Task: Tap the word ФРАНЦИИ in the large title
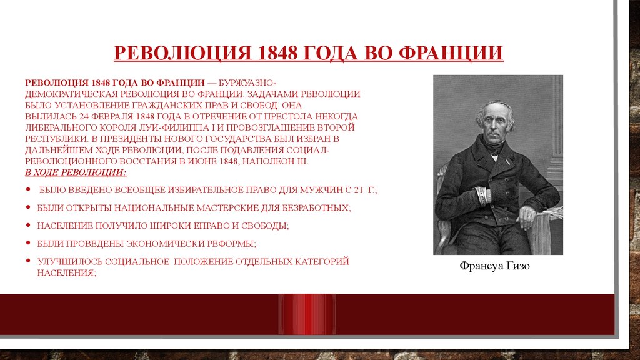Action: pyautogui.click(x=451, y=53)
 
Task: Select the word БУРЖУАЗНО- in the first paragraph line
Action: pyautogui.click(x=244, y=83)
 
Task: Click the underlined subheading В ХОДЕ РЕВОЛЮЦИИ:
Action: pyautogui.click(x=76, y=172)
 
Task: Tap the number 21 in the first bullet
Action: pyautogui.click(x=358, y=190)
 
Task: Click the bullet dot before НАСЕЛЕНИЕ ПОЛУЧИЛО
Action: pyautogui.click(x=28, y=225)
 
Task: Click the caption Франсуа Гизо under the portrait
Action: pyautogui.click(x=495, y=266)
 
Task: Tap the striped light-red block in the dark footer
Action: pyautogui.click(x=307, y=315)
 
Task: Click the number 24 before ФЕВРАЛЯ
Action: pyautogui.click(x=84, y=116)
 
